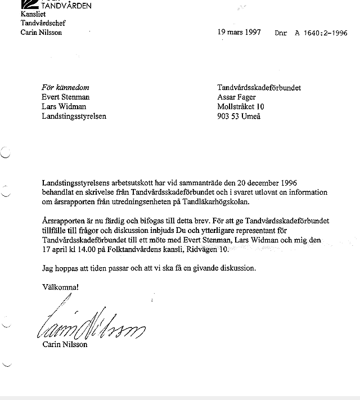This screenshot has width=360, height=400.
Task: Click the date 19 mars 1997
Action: tap(239, 32)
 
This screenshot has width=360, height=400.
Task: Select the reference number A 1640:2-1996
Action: tap(319, 33)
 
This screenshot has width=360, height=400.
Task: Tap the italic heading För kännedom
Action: tap(65, 88)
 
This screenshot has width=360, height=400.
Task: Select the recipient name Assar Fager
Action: tap(238, 97)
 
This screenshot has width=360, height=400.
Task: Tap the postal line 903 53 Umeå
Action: tap(239, 116)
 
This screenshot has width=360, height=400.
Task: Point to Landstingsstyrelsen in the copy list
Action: tap(74, 116)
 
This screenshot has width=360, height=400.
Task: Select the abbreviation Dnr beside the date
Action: tap(281, 33)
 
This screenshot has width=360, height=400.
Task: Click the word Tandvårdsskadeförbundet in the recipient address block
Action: tap(259, 88)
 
